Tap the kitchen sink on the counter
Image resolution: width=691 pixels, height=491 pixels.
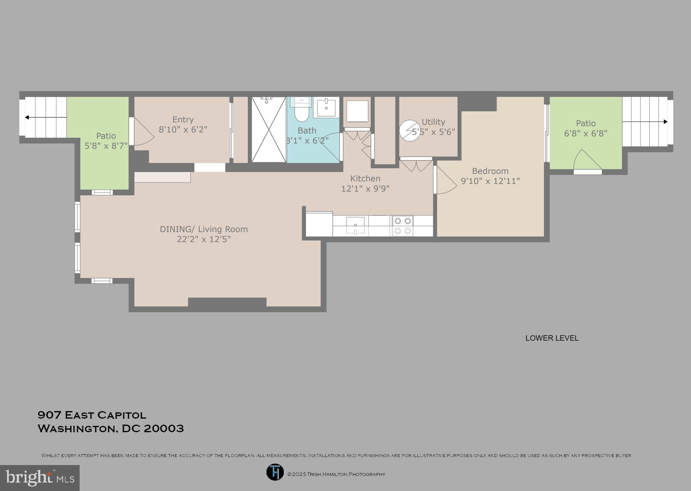pos(355,225)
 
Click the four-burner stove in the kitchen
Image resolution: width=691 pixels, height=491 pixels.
pos(403,226)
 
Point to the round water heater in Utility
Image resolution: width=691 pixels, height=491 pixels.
pos(410,131)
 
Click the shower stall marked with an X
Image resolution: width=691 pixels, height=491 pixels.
pos(269,129)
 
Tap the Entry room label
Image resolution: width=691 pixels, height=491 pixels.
pos(183,120)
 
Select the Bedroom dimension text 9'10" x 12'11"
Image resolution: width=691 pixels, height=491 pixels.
pos(490,181)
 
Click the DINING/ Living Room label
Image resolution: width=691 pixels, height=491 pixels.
pos(204,229)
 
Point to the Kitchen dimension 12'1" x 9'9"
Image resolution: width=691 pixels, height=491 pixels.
pos(365,189)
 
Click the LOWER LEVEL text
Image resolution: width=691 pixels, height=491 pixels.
pos(552,338)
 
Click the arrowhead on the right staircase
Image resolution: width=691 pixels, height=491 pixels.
pos(665,122)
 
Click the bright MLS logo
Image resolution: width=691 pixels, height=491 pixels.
pos(40,478)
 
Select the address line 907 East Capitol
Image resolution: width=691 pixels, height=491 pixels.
pos(92,415)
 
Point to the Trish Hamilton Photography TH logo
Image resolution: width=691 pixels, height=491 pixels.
pos(275,472)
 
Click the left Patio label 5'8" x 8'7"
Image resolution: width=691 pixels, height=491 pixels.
pos(106,141)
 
